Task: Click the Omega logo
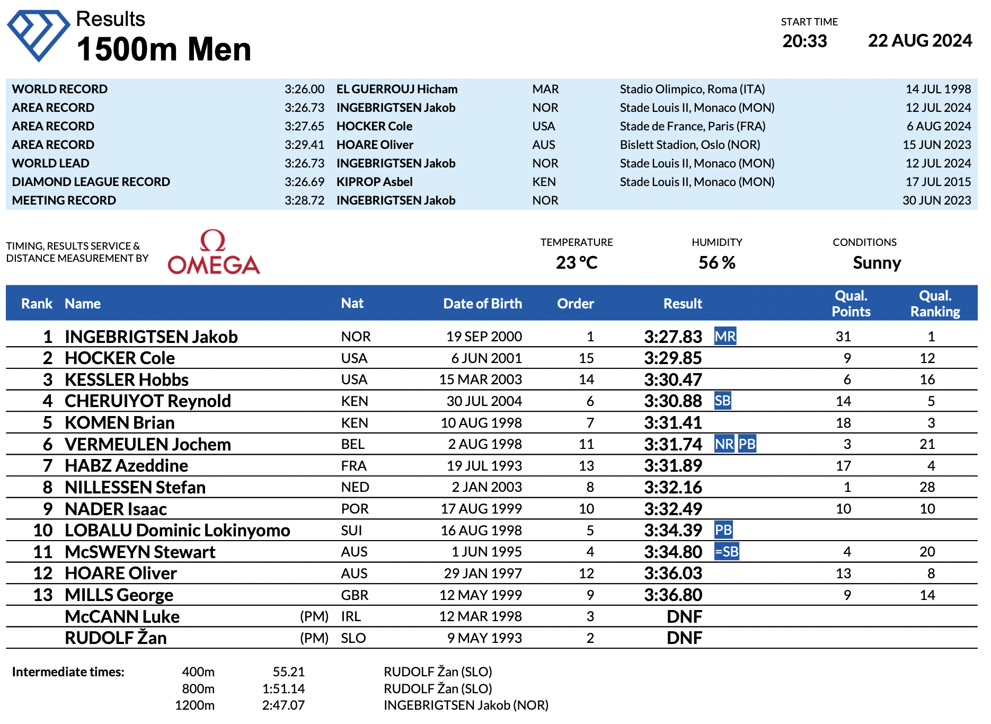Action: tap(214, 253)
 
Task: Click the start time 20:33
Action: tap(804, 41)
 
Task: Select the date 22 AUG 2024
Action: tap(919, 41)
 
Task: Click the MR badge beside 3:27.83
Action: tap(725, 337)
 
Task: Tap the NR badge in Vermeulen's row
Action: tap(724, 444)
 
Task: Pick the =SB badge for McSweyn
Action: tap(727, 552)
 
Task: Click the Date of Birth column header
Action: tap(482, 304)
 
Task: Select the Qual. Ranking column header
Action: tap(935, 304)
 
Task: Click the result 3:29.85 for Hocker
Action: tap(673, 358)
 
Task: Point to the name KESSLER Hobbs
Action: tap(127, 380)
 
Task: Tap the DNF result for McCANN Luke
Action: tap(684, 616)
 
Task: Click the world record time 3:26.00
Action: tap(304, 89)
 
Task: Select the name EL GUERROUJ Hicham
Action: tap(397, 89)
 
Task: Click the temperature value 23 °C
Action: tap(577, 262)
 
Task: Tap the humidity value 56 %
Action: tap(716, 262)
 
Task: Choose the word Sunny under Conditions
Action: tap(877, 262)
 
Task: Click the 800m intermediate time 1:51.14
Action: tap(283, 688)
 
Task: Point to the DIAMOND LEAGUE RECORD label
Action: tap(91, 182)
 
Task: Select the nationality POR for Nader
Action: tap(355, 509)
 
